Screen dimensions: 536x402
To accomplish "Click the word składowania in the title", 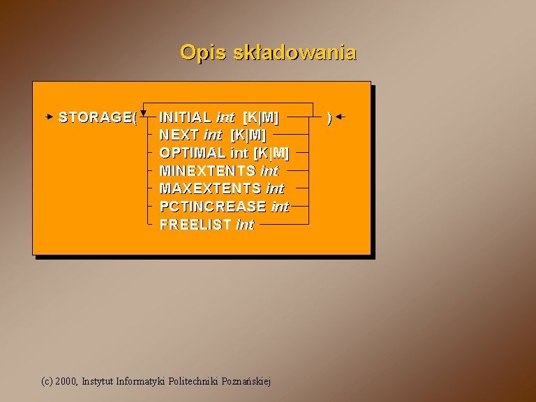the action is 295,52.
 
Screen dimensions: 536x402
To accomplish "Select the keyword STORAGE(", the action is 98,117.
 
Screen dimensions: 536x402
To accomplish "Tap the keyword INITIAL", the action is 186,117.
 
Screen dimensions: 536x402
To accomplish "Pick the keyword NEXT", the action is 179,135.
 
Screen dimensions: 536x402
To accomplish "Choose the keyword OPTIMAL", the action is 193,153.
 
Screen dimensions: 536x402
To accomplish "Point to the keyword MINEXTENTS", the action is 207,170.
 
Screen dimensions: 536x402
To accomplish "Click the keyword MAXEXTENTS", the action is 210,188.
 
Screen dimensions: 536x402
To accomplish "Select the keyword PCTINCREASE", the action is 213,207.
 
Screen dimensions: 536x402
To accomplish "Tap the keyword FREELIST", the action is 195,225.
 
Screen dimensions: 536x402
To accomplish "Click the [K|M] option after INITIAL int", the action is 261,117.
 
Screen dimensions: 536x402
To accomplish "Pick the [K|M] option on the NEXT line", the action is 248,135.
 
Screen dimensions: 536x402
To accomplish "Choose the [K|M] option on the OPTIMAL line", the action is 271,153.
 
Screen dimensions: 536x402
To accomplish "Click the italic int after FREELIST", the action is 245,225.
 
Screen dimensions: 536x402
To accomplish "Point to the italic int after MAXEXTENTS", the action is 275,188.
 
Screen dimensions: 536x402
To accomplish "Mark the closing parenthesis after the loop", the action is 329,118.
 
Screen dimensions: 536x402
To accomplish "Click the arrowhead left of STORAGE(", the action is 50,117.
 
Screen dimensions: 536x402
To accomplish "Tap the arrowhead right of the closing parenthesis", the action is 340,117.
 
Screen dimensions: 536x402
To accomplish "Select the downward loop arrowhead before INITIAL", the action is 144,113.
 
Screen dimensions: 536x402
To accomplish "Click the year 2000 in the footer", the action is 66,381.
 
